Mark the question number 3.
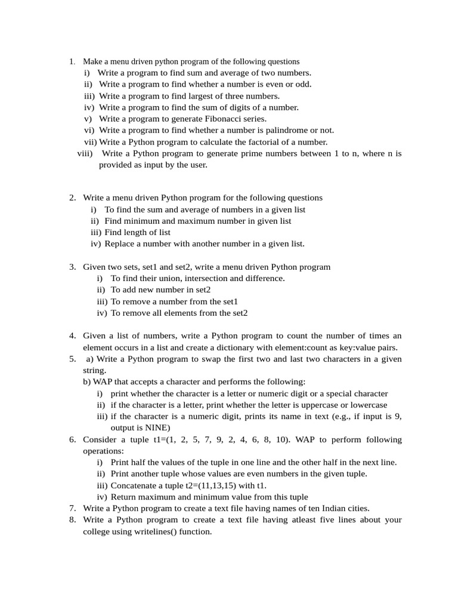pos(72,267)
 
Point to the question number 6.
pos(72,440)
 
